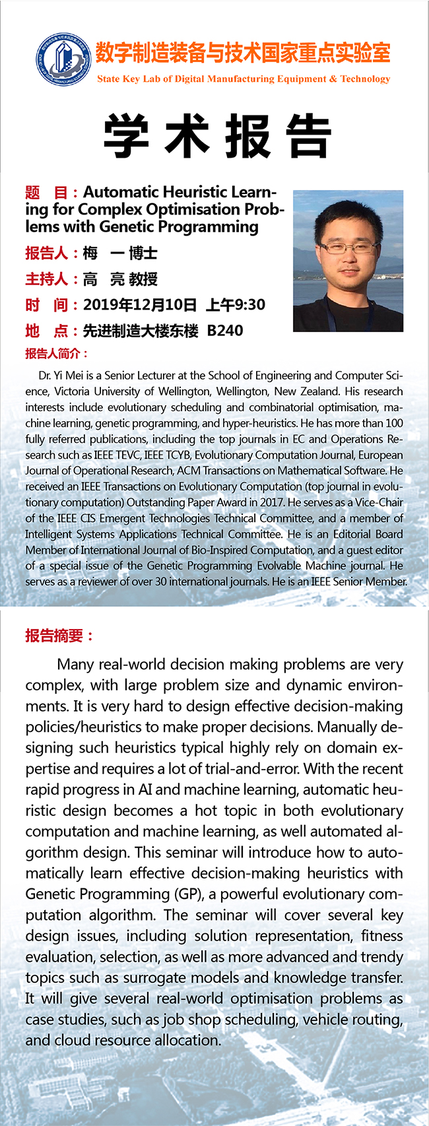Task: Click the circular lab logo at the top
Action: pyautogui.click(x=63, y=60)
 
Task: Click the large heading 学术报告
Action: pyautogui.click(x=217, y=136)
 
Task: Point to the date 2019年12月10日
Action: pyautogui.click(x=140, y=305)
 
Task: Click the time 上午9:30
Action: pyautogui.click(x=236, y=305)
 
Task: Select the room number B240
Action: pyautogui.click(x=225, y=331)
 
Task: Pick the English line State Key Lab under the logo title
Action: pyautogui.click(x=244, y=79)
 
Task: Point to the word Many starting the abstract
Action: pyautogui.click(x=76, y=664)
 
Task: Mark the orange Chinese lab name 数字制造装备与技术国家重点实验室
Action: pyautogui.click(x=243, y=53)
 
